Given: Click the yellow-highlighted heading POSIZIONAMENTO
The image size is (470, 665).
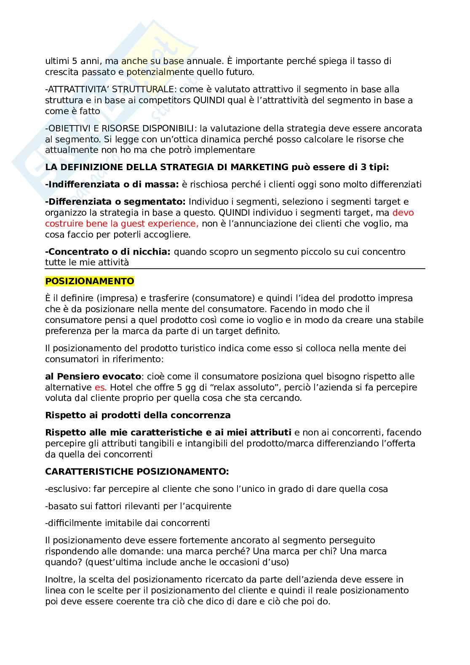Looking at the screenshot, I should pyautogui.click(x=89, y=281).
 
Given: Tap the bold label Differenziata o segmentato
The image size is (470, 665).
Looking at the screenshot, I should pyautogui.click(x=115, y=202).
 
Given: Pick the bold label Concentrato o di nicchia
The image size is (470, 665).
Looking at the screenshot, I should pyautogui.click(x=107, y=252).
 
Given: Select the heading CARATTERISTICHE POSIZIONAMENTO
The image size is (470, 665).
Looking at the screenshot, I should pyautogui.click(x=137, y=472).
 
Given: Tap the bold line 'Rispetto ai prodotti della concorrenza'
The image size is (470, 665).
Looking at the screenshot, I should pyautogui.click(x=138, y=415).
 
